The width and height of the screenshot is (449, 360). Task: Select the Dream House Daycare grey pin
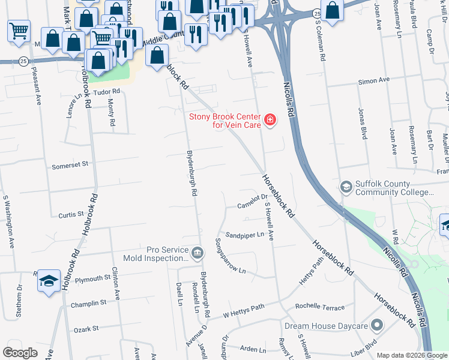click(377, 326)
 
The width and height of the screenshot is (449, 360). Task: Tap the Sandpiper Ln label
click(245, 235)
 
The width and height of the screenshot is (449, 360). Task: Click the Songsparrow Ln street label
click(231, 256)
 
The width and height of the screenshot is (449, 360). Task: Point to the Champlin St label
click(88, 304)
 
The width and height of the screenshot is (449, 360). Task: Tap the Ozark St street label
click(86, 329)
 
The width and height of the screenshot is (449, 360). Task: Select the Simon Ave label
click(374, 80)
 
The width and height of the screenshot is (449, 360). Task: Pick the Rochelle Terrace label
click(324, 308)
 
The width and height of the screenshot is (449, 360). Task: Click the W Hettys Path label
click(243, 313)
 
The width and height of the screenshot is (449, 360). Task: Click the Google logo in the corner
click(20, 353)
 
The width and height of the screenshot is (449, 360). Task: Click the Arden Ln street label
click(253, 349)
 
